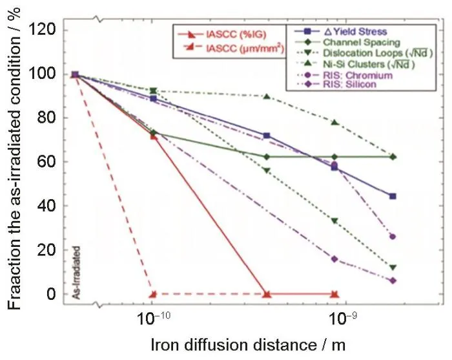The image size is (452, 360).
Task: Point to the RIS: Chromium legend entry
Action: (x=353, y=74)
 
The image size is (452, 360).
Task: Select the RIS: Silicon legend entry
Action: (x=347, y=84)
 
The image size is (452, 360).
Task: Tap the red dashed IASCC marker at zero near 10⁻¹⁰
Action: (x=153, y=294)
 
